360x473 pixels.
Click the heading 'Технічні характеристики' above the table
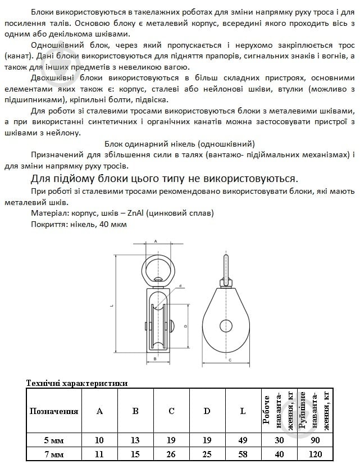pos(77,383)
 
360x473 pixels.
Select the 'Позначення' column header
pos(54,411)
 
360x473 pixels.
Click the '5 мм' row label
pos(54,440)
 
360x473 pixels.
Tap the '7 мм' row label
pos(54,454)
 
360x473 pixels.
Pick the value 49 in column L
pos(243,440)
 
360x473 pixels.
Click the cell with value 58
pos(243,454)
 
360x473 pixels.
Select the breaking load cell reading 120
pos(316,454)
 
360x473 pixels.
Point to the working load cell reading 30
pos(279,440)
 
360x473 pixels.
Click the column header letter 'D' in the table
pos(207,411)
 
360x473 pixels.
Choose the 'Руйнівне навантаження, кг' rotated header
pos(316,411)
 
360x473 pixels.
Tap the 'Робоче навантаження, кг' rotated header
pos(279,411)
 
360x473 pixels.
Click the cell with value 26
pos(171,454)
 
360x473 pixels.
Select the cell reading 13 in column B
pos(135,440)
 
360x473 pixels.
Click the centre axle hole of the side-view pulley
pos(227,325)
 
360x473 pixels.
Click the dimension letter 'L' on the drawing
pos(112,306)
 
